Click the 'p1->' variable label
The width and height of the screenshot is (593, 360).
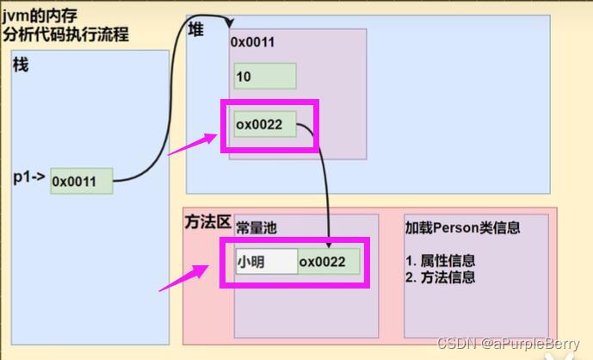point(28,178)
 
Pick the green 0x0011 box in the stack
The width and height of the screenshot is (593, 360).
point(82,181)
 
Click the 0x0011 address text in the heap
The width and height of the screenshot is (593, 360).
point(253,41)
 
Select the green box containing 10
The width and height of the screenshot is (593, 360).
point(265,77)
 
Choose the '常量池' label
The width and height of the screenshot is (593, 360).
point(256,228)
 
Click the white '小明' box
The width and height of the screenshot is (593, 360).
point(265,261)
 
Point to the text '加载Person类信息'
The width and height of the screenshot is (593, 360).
point(463,228)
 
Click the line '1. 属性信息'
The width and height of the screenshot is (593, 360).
point(440,260)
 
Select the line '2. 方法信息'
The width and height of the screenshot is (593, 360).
point(440,276)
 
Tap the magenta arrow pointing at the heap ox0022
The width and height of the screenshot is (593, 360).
point(191,144)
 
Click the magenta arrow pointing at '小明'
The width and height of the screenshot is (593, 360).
point(184,278)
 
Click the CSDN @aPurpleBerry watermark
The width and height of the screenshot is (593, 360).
point(508,344)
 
